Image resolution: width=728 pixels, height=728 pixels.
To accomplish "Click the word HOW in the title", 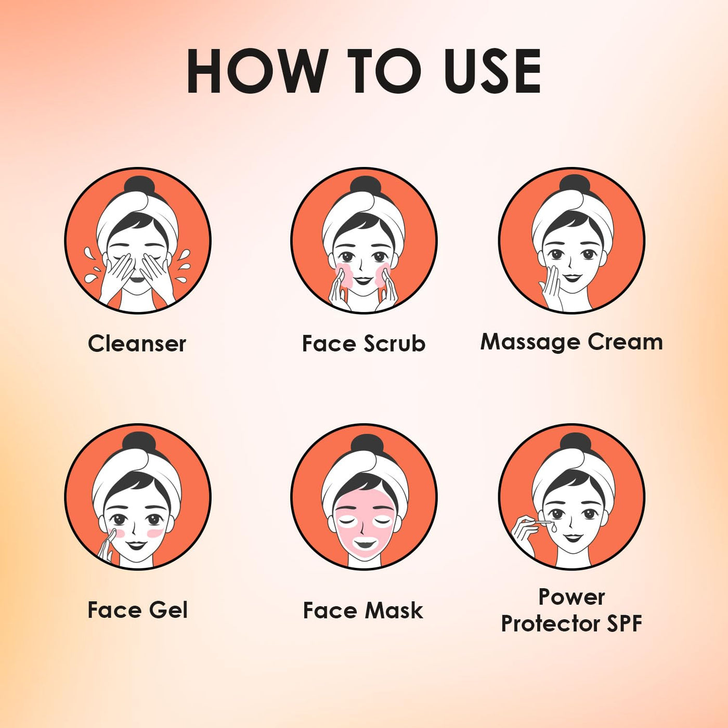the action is (x=255, y=71).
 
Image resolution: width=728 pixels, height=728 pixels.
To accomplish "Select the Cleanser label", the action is (x=137, y=344).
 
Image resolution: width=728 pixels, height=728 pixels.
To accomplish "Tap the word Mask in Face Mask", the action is (x=393, y=610).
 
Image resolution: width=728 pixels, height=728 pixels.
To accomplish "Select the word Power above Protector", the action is (x=571, y=597).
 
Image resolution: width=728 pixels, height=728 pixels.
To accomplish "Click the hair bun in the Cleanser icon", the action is (x=137, y=186).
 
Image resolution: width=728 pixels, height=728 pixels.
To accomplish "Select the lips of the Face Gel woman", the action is (x=137, y=544).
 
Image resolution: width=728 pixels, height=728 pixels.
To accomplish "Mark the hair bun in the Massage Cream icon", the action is (x=574, y=185).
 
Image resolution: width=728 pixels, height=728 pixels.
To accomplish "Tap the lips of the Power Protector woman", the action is (x=574, y=538).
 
